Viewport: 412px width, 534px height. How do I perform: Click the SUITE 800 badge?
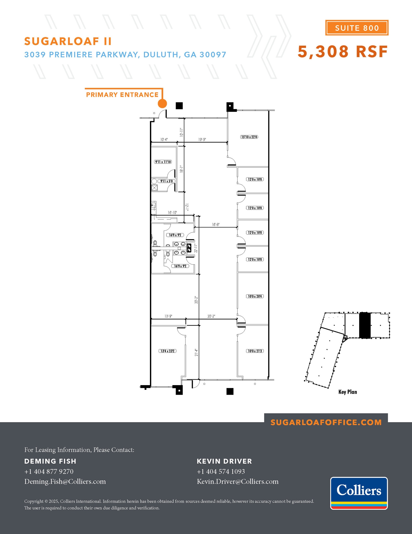click(357, 28)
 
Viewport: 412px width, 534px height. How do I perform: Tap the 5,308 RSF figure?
click(343, 51)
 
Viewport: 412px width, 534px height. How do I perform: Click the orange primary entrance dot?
click(162, 104)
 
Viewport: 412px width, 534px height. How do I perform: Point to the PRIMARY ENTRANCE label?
click(122, 95)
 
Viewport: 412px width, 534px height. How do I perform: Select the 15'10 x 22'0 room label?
click(249, 137)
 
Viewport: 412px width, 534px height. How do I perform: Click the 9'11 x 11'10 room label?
click(163, 162)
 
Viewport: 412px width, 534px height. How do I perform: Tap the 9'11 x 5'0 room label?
click(166, 181)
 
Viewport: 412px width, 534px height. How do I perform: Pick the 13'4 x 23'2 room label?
click(167, 351)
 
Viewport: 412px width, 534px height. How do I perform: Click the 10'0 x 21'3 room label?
click(255, 351)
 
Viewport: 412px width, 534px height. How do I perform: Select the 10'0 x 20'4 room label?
click(255, 296)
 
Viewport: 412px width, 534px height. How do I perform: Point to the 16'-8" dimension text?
click(216, 224)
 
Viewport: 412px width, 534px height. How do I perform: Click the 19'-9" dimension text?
click(202, 139)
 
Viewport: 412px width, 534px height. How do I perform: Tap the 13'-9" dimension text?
click(168, 316)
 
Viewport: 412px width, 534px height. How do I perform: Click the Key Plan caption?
click(347, 392)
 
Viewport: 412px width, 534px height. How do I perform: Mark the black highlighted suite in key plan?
click(365, 325)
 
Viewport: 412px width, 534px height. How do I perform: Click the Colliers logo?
click(359, 493)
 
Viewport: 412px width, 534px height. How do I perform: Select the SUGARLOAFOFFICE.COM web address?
click(326, 422)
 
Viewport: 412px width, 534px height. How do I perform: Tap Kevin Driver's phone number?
click(221, 471)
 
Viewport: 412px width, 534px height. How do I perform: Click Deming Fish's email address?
click(65, 481)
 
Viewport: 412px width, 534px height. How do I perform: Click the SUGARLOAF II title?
click(68, 41)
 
